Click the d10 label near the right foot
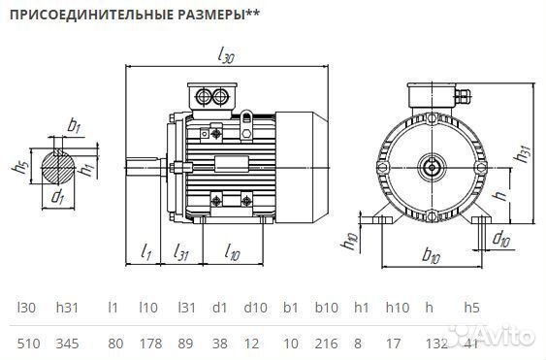coord(502,238)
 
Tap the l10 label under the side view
coord(232,253)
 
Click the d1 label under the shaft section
coord(58,198)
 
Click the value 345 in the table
coord(68,344)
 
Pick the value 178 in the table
coord(147,344)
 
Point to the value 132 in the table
coord(436,344)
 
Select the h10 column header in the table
coord(398,308)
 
